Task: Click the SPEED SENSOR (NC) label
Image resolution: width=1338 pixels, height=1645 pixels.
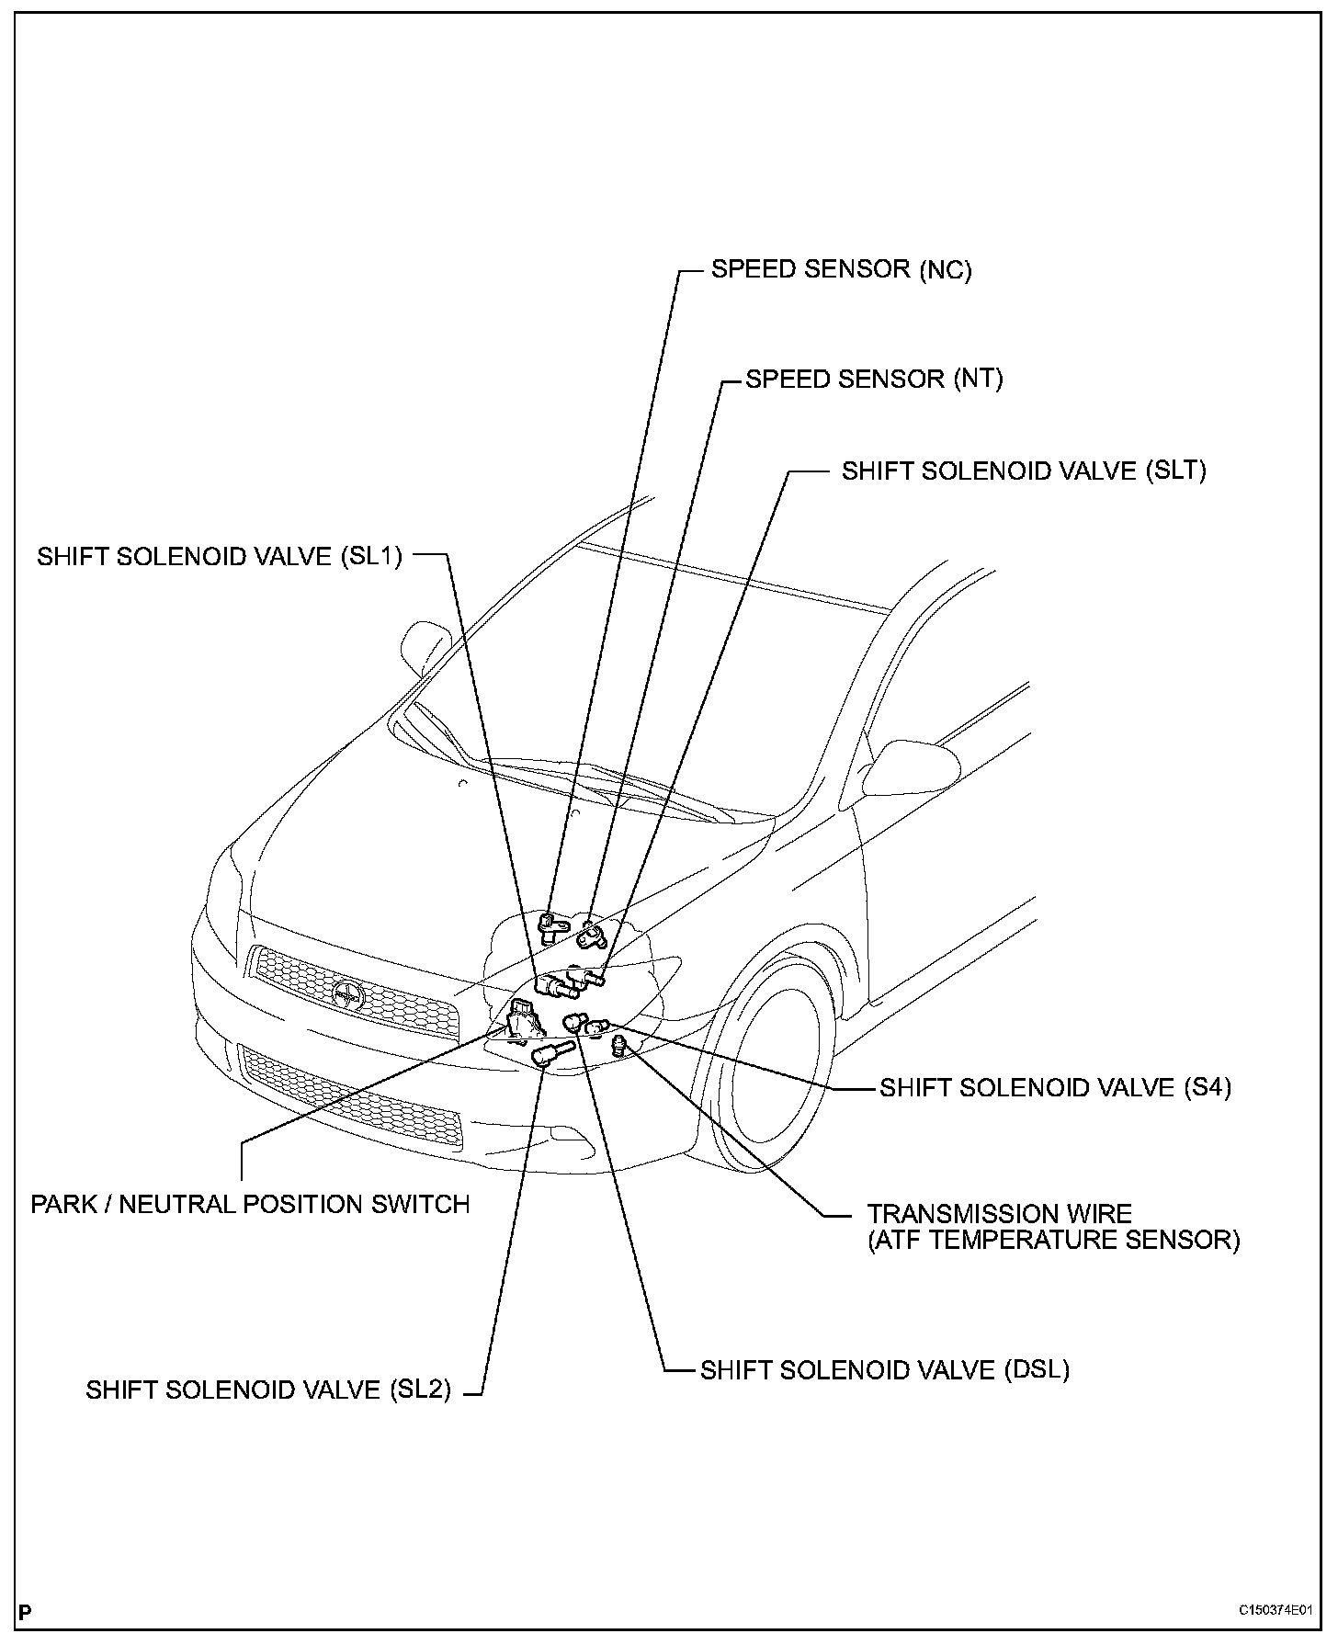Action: point(841,269)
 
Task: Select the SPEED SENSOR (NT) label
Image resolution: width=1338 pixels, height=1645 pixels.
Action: point(874,379)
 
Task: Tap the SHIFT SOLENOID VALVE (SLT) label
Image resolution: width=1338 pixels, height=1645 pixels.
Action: point(1024,471)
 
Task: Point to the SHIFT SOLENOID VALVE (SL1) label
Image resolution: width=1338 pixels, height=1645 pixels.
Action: point(220,557)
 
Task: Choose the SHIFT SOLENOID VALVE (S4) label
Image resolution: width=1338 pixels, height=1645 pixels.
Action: point(1055,1087)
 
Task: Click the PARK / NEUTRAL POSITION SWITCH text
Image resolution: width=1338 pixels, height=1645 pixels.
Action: point(250,1204)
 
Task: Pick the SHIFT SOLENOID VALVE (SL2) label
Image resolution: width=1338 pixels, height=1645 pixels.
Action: point(268,1390)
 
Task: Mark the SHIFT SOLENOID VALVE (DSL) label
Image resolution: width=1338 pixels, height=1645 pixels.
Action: point(885,1369)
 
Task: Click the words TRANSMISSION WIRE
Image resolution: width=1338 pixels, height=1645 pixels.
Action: point(1000,1214)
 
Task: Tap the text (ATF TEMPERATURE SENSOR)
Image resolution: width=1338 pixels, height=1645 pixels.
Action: point(1054,1240)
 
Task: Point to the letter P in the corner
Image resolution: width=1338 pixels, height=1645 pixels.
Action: point(25,1611)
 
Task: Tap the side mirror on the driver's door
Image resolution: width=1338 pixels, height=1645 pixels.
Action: point(913,767)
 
